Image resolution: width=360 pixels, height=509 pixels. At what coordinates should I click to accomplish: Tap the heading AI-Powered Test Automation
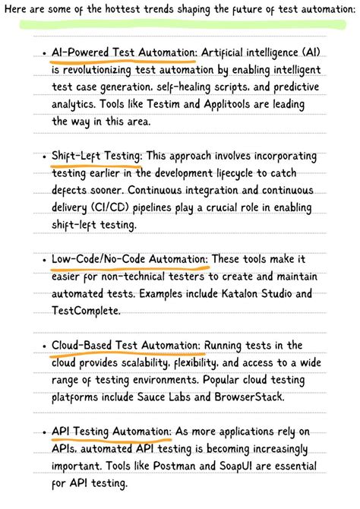124,52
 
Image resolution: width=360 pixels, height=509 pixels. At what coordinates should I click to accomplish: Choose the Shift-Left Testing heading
96,156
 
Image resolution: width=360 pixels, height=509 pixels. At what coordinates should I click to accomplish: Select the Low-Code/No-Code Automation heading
130,260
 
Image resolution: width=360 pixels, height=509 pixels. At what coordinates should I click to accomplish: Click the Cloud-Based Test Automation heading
127,346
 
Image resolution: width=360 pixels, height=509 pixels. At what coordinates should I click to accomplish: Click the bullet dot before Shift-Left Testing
45,156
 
